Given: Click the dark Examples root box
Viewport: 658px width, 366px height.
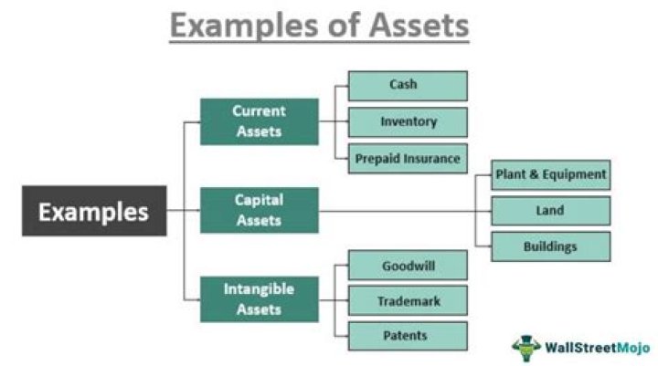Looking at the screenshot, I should [94, 211].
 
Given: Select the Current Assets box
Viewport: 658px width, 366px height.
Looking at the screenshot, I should [259, 121].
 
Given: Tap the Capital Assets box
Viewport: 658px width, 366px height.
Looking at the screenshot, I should [259, 210].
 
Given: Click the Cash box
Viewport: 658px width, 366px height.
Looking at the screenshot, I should [408, 86].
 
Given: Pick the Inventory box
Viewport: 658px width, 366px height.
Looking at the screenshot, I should [408, 122].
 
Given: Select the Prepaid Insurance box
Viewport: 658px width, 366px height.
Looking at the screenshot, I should [408, 158].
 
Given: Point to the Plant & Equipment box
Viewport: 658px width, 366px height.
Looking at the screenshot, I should [550, 173].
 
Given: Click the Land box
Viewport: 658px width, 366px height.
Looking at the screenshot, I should [550, 210].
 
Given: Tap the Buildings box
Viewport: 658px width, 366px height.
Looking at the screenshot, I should [550, 246].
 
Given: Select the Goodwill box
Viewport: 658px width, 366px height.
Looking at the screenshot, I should [408, 266].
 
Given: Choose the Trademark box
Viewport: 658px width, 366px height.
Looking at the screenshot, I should [408, 300].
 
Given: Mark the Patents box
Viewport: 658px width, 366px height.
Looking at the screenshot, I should [408, 336].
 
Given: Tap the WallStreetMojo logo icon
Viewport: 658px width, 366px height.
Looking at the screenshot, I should [527, 348].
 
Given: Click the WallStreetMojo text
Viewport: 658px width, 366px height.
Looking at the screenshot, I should [598, 349].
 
